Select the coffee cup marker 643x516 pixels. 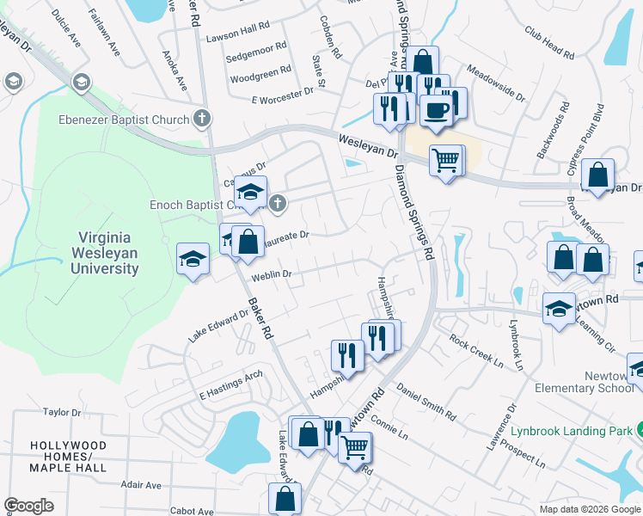pyautogui.click(x=437, y=110)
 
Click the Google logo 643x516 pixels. pyautogui.click(x=28, y=506)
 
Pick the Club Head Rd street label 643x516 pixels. pyautogui.click(x=548, y=42)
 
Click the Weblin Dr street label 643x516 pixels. pyautogui.click(x=273, y=276)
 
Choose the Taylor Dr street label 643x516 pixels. pyautogui.click(x=61, y=413)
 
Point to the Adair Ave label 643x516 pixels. pyautogui.click(x=141, y=485)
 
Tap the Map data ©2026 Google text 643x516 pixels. pyautogui.click(x=590, y=509)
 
